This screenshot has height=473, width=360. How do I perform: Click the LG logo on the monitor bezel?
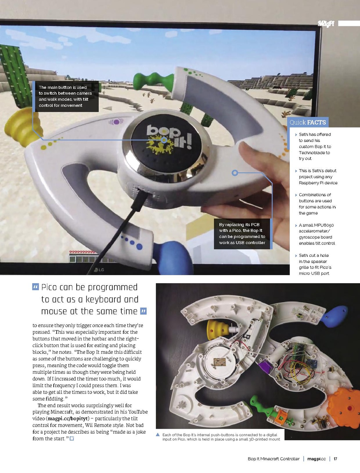point(99,269)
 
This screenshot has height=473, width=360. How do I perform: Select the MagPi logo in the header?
point(326,24)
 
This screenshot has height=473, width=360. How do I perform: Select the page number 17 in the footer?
point(335,459)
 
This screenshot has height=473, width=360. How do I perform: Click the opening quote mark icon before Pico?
point(35,287)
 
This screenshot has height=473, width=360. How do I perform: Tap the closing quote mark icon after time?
point(143,311)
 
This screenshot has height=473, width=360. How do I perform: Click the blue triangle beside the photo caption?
point(158,434)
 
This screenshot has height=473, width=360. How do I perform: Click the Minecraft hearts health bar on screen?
point(83,252)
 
